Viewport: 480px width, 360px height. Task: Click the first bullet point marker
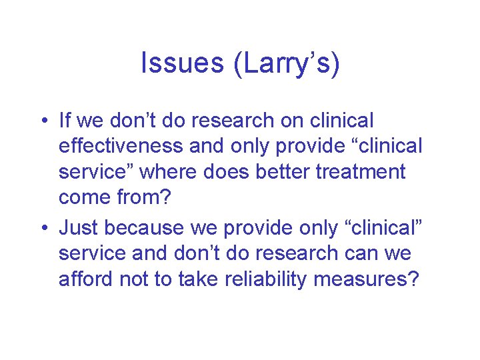(x=43, y=121)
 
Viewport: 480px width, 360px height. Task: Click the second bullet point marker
(x=43, y=228)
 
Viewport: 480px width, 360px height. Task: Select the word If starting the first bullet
(x=65, y=121)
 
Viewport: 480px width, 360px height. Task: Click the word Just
(x=79, y=227)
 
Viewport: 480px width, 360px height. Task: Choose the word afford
(x=86, y=279)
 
